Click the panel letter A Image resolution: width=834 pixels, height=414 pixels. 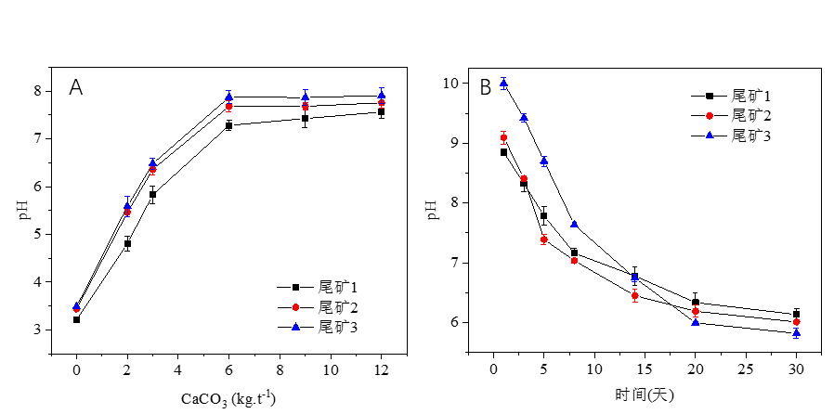coord(76,88)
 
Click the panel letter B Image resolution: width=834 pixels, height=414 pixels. coord(485,88)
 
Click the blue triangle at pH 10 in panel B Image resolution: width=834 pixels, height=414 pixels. coord(503,84)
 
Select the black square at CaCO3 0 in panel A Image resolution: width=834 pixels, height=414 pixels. coord(76,319)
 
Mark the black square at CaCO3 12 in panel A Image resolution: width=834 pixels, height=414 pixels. coord(381,111)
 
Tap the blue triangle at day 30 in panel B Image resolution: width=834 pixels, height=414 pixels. coord(796,332)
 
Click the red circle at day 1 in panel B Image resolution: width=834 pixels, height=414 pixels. coord(503,137)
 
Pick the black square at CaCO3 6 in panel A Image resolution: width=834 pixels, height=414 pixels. coord(228,125)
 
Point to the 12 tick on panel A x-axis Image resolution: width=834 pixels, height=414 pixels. coord(381,369)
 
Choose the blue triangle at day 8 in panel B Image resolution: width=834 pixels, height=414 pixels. coord(574,224)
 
